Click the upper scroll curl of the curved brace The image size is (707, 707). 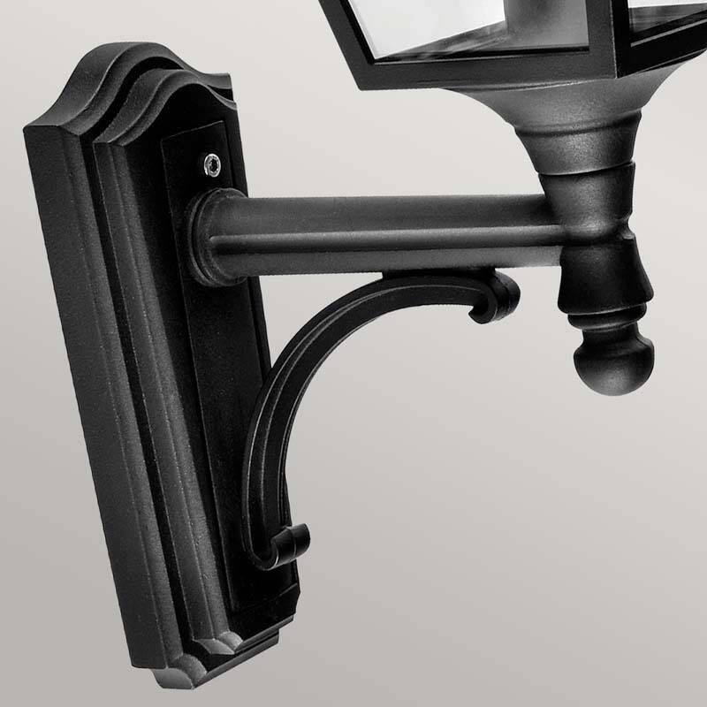pyautogui.click(x=495, y=296)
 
